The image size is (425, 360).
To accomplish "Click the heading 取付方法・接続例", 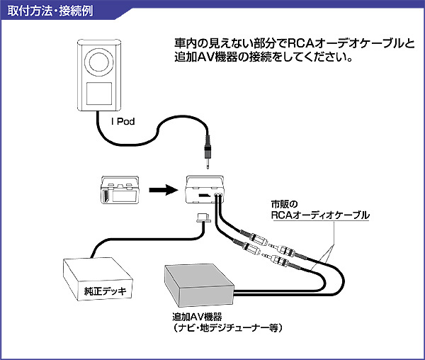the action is (50, 11).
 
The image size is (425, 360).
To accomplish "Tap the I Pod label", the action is (123, 121).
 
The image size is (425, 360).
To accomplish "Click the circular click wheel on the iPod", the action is (99, 62).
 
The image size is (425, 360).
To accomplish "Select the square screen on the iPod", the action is (99, 94).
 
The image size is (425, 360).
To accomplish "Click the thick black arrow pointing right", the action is (164, 189).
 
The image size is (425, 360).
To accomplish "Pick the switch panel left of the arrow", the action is (120, 189).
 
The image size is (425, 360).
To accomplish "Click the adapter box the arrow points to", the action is (205, 189).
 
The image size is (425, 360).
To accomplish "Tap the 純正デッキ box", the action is (98, 279).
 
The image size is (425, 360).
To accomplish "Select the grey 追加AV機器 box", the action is (199, 286).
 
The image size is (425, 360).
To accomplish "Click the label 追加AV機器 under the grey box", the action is (197, 317).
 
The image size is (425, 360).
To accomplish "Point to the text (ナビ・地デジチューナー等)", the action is (227, 328).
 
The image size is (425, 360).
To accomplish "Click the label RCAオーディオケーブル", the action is (320, 215).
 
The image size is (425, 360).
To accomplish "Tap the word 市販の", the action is (284, 203).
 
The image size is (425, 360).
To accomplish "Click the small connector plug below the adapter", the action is (203, 218).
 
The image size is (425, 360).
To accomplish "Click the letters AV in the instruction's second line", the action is (205, 57).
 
